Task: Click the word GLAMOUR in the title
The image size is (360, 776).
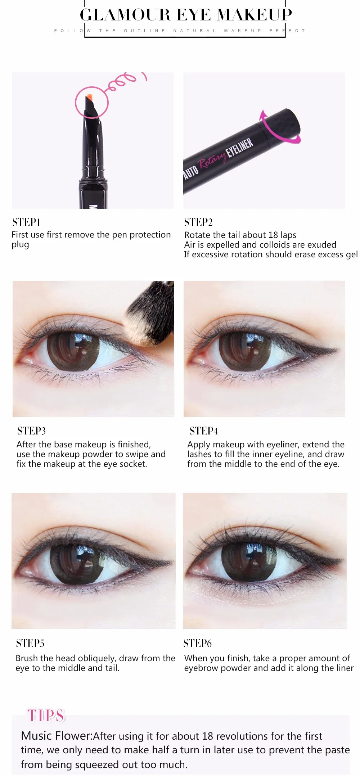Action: click(x=125, y=15)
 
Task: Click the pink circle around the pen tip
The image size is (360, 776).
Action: click(x=92, y=102)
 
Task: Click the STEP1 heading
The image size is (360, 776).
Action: click(x=26, y=222)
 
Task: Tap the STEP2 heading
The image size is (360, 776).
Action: click(x=198, y=222)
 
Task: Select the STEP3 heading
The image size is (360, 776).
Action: click(x=32, y=431)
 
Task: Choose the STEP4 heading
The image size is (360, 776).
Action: click(x=204, y=431)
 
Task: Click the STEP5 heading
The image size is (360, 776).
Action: click(x=30, y=643)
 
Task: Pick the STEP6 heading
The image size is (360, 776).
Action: click(x=198, y=643)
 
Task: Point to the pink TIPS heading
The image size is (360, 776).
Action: click(x=46, y=716)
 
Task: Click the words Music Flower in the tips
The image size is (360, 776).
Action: click(x=56, y=736)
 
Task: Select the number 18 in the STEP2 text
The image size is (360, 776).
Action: click(x=273, y=235)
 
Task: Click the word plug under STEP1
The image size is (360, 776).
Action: click(x=20, y=245)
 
